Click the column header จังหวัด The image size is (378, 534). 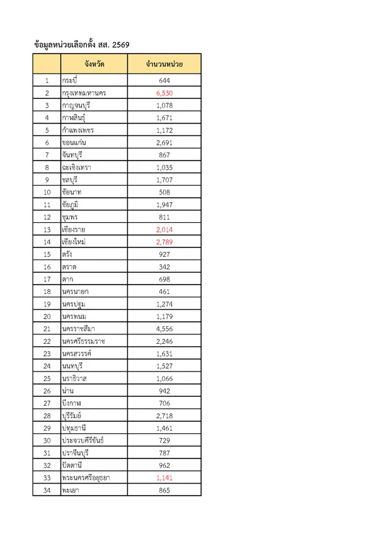94,64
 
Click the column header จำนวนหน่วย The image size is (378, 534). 164,64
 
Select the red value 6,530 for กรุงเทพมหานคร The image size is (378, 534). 164,93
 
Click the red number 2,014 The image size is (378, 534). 164,229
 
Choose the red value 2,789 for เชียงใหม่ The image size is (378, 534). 164,242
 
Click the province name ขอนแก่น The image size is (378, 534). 74,142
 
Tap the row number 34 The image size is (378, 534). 47,490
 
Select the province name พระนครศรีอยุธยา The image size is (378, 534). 86,478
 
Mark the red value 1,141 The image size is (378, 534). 164,478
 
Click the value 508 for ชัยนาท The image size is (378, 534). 164,192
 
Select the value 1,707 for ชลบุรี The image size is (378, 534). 164,180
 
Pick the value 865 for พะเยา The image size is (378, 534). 164,490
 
